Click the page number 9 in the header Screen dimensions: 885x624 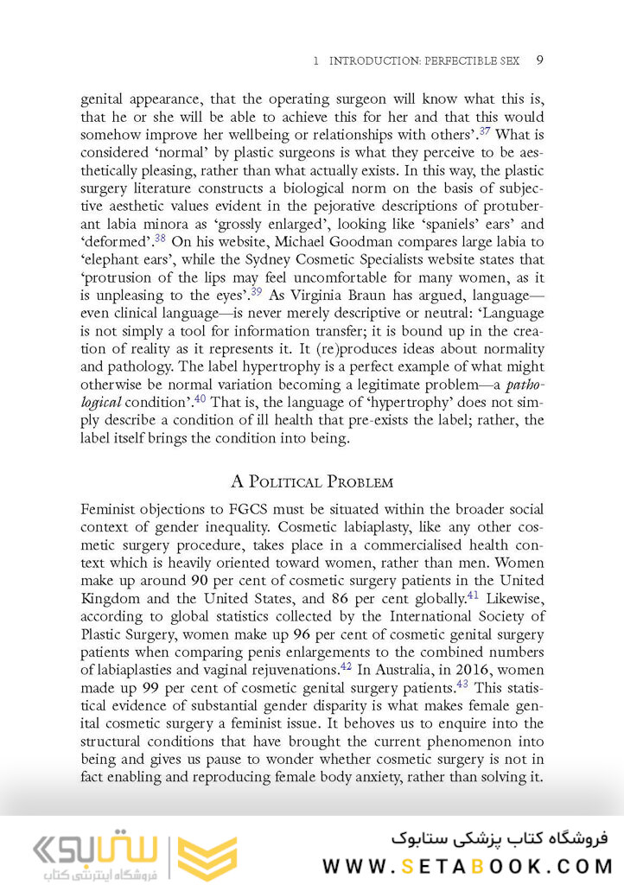pos(539,60)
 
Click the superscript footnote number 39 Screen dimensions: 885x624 pos(256,291)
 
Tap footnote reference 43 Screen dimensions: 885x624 pos(462,685)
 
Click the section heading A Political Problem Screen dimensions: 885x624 pos(312,481)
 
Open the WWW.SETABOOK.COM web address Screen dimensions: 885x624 pos(467,866)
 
